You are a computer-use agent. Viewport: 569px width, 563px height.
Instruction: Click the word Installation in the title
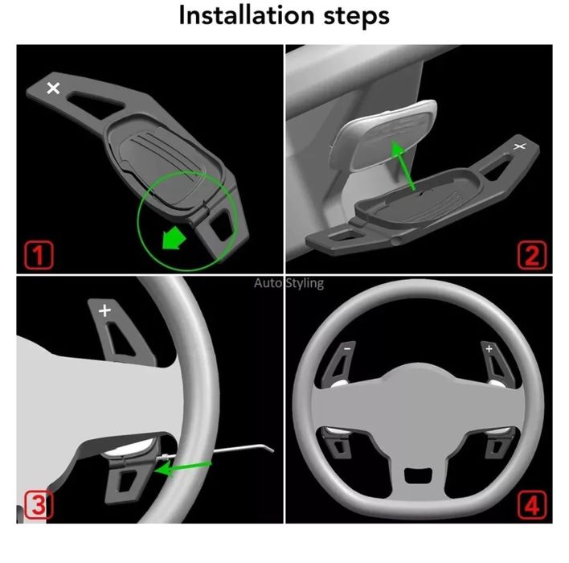(x=247, y=15)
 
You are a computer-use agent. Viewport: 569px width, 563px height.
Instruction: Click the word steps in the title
(x=356, y=17)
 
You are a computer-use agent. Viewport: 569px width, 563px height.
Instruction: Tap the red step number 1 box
(x=39, y=255)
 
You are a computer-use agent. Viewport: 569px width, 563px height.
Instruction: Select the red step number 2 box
(x=532, y=255)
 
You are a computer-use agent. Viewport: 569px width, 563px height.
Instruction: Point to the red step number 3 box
(x=39, y=505)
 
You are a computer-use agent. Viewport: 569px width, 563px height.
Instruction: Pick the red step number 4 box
(x=532, y=505)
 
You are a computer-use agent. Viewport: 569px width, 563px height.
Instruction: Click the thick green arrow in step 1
(x=174, y=238)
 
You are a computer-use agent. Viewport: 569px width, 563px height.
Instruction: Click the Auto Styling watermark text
(x=289, y=283)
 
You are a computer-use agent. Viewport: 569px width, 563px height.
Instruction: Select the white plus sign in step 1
(x=53, y=88)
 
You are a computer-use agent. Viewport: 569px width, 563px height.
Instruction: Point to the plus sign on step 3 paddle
(x=104, y=310)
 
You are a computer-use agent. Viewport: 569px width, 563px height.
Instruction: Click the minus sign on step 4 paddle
(x=348, y=349)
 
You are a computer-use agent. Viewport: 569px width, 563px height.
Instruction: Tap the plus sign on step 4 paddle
(x=489, y=349)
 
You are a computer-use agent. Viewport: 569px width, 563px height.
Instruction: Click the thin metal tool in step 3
(x=216, y=451)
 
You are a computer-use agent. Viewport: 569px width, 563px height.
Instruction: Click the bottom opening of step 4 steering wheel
(x=418, y=476)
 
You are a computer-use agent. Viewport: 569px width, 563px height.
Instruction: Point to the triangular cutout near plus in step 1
(x=95, y=104)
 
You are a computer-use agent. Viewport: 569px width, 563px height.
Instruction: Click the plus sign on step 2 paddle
(x=520, y=146)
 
